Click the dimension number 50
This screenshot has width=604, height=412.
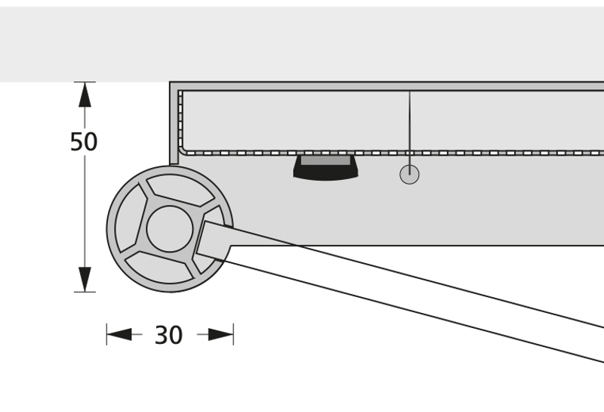click(x=84, y=142)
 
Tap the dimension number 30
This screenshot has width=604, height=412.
click(x=168, y=335)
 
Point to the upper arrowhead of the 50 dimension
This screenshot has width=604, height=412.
click(x=85, y=94)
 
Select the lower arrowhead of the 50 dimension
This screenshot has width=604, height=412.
click(x=85, y=278)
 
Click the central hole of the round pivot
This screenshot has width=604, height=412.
click(x=169, y=228)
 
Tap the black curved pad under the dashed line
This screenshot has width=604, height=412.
click(x=325, y=173)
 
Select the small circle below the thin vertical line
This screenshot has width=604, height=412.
click(x=409, y=175)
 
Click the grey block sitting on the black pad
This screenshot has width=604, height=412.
click(x=325, y=160)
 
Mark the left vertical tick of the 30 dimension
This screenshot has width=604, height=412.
click(x=106, y=333)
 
